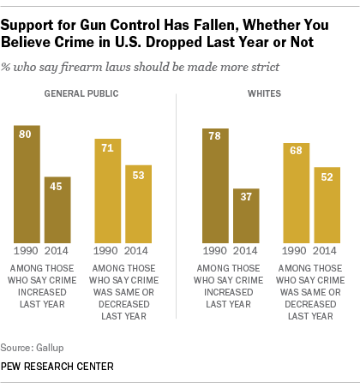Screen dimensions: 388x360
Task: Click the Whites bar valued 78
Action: [214, 184]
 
